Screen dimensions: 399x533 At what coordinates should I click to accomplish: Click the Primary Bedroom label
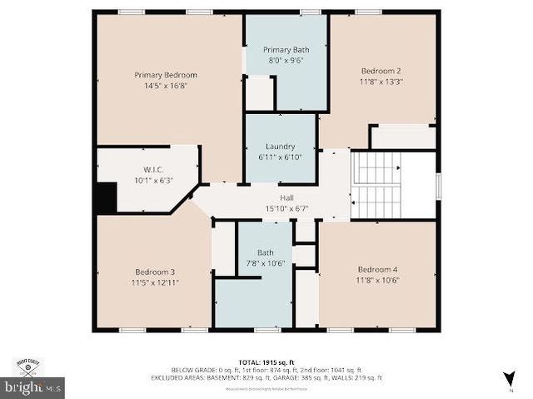click(166, 75)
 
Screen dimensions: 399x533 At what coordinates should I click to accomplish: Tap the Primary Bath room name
click(285, 50)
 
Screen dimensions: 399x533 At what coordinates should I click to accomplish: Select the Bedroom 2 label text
click(381, 71)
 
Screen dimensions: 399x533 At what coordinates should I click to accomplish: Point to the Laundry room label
click(280, 147)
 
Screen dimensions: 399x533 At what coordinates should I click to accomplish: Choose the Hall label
click(274, 197)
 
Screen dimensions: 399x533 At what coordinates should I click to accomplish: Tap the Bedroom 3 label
click(155, 272)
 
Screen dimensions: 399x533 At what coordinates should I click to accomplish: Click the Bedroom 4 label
click(377, 269)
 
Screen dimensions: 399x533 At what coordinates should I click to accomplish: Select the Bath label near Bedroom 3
click(265, 252)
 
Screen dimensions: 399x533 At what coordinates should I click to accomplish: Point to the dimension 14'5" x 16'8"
click(166, 85)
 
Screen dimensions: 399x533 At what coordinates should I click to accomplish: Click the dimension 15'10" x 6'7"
click(274, 207)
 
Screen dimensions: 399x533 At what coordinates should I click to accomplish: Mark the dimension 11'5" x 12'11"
click(155, 282)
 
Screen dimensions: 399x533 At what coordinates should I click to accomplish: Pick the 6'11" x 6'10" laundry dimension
click(280, 157)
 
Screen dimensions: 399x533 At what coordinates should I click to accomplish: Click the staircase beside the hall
click(378, 184)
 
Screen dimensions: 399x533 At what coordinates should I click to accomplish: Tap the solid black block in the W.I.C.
click(106, 198)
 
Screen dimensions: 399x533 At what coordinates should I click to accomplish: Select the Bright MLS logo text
click(33, 387)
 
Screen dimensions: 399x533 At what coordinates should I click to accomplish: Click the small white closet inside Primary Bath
click(259, 92)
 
